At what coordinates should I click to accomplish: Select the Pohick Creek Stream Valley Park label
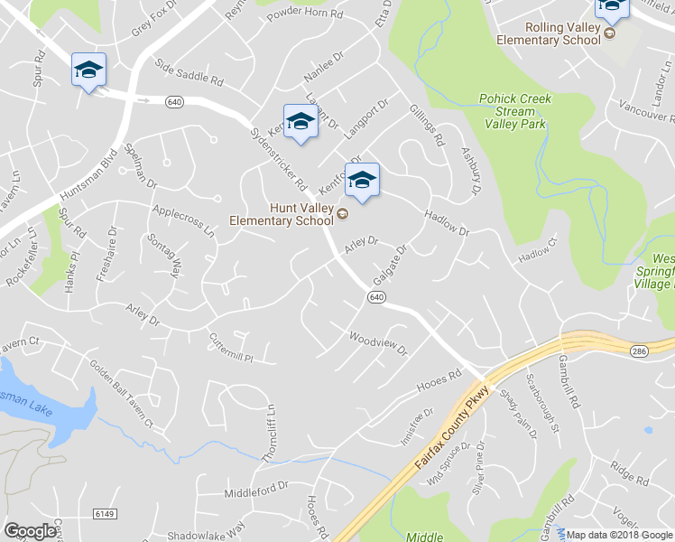click(515, 111)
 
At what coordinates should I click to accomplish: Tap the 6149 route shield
click(105, 513)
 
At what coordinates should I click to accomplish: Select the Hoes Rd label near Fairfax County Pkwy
click(439, 382)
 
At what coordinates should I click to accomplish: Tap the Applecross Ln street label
click(184, 220)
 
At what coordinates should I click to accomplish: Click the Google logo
click(30, 531)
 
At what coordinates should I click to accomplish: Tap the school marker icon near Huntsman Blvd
click(88, 70)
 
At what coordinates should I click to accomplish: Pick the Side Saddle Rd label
click(189, 74)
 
